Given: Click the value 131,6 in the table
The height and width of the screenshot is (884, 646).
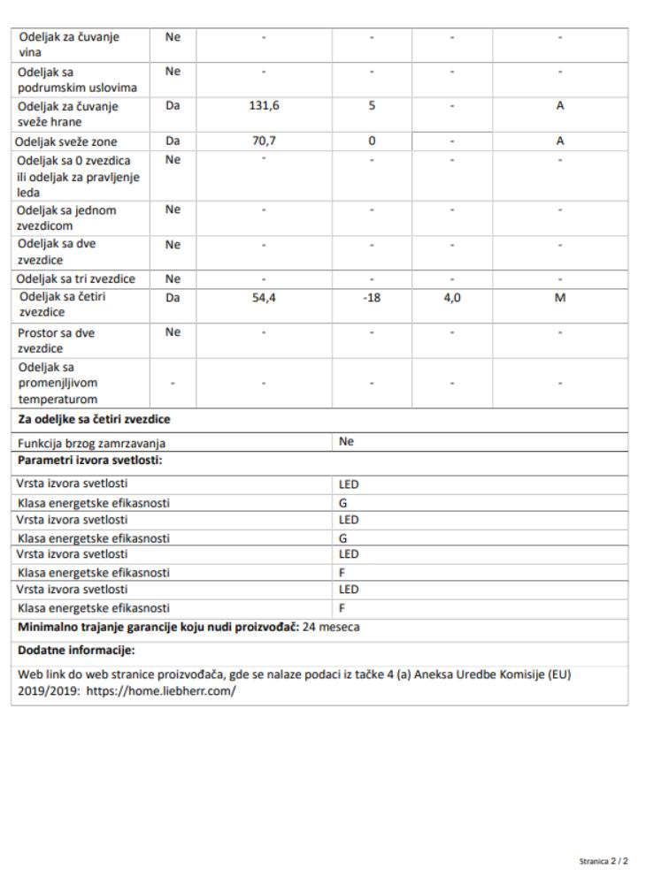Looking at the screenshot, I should click(265, 105).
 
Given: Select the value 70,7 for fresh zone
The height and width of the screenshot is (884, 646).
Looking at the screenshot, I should click(265, 141).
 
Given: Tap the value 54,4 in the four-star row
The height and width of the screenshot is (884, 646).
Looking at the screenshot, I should click(265, 298).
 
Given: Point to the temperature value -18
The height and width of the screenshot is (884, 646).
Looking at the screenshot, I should click(373, 298).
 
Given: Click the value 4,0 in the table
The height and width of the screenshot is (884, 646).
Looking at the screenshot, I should click(452, 298).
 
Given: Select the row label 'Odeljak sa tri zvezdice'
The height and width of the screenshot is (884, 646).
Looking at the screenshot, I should click(77, 279).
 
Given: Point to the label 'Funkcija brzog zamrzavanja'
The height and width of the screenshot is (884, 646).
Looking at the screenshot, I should click(92, 444).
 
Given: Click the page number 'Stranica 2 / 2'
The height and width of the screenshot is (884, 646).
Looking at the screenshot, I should click(604, 859).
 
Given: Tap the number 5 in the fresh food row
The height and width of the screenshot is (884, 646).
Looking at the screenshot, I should click(373, 105).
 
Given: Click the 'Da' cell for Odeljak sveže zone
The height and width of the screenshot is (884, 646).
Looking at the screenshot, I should click(173, 141).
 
